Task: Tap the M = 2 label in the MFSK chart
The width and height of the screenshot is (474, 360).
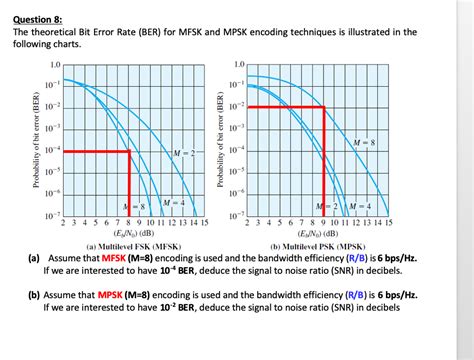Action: (x=184, y=151)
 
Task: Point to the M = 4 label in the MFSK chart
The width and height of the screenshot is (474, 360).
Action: (x=172, y=204)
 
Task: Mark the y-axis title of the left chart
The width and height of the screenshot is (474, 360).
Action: (x=36, y=140)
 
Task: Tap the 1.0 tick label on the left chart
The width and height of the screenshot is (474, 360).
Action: (x=53, y=64)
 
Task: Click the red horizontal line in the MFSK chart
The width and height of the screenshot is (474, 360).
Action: (x=95, y=151)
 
